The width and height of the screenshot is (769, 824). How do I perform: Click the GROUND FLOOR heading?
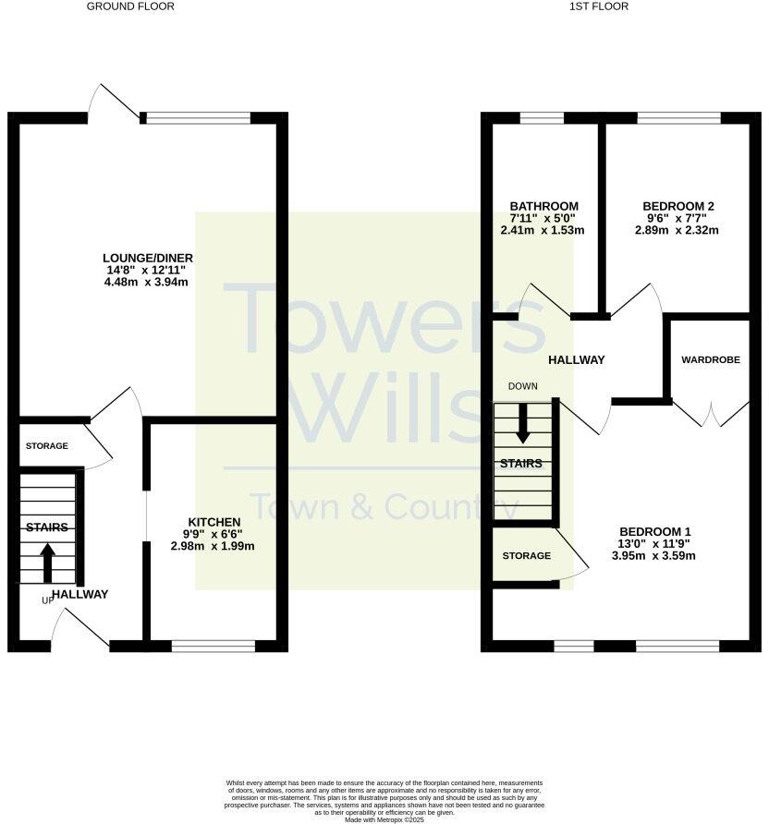(x=130, y=6)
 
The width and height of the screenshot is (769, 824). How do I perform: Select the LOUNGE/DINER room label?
(x=148, y=257)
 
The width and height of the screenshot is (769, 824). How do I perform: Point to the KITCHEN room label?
(x=214, y=522)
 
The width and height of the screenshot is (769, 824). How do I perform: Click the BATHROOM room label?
(x=544, y=206)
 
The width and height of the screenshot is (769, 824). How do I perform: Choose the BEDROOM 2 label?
(x=679, y=206)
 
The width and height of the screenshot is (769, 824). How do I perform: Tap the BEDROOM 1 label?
(x=655, y=531)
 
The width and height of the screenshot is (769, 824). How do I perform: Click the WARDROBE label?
(x=711, y=359)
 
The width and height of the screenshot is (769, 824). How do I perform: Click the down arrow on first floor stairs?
(x=523, y=425)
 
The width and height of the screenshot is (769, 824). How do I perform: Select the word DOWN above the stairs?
(x=523, y=386)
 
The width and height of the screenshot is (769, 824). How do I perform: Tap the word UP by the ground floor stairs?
(x=47, y=600)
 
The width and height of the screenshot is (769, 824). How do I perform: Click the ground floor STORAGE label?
(x=46, y=446)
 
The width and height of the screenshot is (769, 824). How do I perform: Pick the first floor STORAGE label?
(x=526, y=555)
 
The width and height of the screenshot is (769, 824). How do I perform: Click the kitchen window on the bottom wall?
(x=213, y=645)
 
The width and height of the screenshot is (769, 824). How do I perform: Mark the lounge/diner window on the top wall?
(x=197, y=117)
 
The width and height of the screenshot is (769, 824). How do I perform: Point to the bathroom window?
(x=535, y=117)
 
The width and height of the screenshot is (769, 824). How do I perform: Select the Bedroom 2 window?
(x=678, y=117)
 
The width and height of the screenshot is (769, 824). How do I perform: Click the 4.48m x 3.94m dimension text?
(x=148, y=283)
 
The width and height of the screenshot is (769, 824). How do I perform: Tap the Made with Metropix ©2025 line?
(x=384, y=819)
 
